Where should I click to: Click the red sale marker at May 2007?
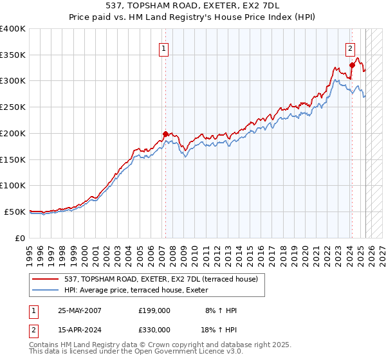click(x=165, y=134)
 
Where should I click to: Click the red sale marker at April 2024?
click(x=352, y=65)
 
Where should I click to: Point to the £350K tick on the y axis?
click(x=13, y=55)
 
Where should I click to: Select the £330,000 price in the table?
click(x=154, y=329)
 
